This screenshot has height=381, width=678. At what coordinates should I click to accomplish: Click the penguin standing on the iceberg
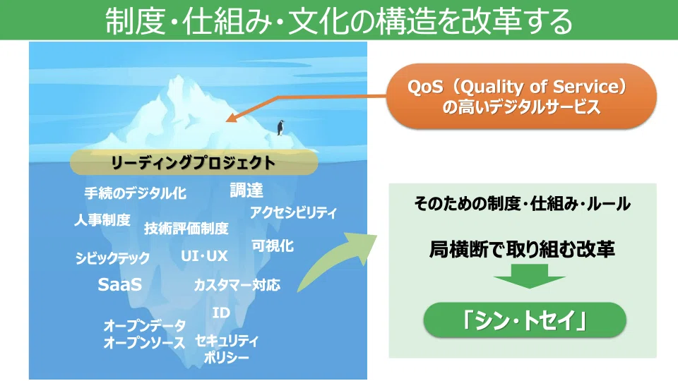click(280, 128)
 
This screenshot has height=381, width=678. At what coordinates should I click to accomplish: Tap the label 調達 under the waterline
click(246, 190)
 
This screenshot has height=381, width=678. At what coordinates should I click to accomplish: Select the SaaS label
click(120, 284)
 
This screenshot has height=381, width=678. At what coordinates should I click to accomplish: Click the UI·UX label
click(204, 255)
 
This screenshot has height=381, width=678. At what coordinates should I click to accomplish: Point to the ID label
click(221, 313)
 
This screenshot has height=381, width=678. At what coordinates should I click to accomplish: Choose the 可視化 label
click(273, 246)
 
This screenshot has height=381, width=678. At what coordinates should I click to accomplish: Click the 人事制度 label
click(102, 220)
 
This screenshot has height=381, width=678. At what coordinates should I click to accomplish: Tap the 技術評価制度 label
click(186, 228)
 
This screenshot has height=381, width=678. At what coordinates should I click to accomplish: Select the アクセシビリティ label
click(293, 212)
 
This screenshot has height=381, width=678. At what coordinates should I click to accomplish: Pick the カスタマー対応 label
click(237, 285)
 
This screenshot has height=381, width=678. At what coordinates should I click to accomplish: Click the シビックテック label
click(112, 258)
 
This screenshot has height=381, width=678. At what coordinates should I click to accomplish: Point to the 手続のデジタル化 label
click(136, 193)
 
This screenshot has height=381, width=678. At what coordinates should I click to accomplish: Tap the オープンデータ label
click(144, 325)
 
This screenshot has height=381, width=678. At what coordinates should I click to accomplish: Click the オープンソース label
click(144, 343)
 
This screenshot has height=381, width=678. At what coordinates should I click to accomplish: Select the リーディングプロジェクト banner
click(194, 162)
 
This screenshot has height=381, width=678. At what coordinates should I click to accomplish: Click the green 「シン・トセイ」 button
click(525, 320)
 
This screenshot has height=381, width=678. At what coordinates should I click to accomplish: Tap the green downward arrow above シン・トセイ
click(529, 276)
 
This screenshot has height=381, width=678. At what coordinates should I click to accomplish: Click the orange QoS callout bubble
click(521, 97)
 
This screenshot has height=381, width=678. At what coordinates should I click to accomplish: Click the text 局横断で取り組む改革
click(522, 249)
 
